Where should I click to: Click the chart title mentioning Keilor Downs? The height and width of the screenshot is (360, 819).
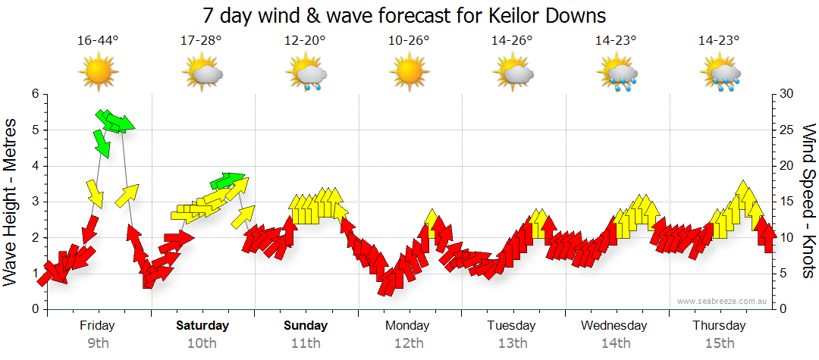tap(405, 16)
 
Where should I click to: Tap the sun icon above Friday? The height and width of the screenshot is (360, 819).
tap(98, 73)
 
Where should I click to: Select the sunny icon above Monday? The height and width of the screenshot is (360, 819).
tap(409, 73)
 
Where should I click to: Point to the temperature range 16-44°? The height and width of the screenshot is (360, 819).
tap(98, 40)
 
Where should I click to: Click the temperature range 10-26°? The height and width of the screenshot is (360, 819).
tap(409, 40)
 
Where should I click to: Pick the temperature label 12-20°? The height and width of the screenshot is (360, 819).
tap(305, 40)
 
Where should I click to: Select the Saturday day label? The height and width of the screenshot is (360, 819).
tap(202, 326)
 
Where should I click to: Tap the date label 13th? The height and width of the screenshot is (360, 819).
tap(513, 343)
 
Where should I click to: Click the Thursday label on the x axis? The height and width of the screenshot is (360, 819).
tap(719, 326)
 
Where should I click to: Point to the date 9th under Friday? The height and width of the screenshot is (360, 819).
tap(98, 343)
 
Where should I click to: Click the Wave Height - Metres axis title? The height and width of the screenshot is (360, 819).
tap(12, 202)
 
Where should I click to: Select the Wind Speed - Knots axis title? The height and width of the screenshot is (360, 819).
tap(807, 202)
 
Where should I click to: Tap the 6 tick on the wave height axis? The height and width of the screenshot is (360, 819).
tap(34, 94)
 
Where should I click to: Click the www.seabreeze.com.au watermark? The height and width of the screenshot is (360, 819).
tap(723, 301)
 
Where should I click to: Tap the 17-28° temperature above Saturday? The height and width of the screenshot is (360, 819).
tap(202, 40)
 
